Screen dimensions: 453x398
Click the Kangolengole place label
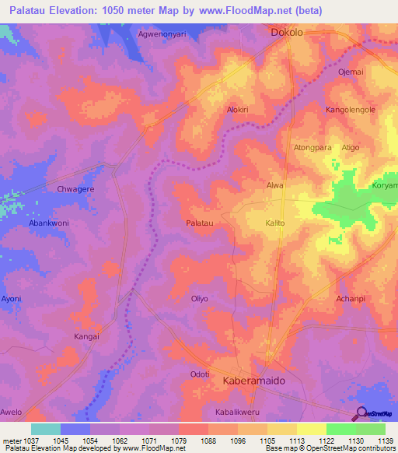point(351,110)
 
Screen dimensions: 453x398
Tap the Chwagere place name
point(75,188)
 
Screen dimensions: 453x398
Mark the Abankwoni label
point(49,223)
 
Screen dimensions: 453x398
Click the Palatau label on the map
point(200,223)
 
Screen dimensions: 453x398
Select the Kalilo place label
point(276,223)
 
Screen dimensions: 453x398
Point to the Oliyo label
point(200,298)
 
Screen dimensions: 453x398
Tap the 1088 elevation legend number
point(208,441)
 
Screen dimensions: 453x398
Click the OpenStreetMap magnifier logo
point(361,415)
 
